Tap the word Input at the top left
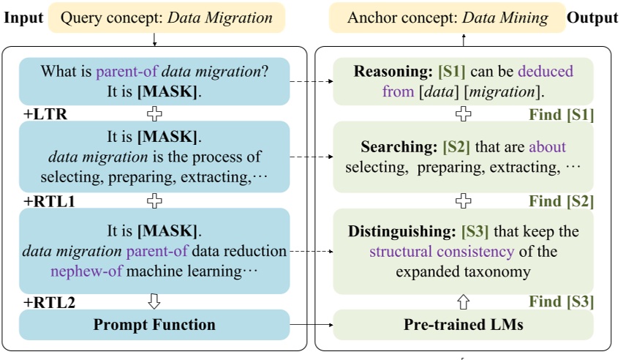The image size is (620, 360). tap(23, 18)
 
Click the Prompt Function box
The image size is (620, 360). tap(154, 324)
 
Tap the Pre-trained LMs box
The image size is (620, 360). tap(462, 324)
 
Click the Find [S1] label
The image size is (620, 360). tap(561, 115)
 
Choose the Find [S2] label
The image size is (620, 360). tap(561, 200)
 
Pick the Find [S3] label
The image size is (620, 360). tap(561, 301)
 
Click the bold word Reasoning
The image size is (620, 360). tap(392, 72)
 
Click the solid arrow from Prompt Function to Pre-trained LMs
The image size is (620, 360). tap(311, 324)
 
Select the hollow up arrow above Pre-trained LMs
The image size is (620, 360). tap(462, 301)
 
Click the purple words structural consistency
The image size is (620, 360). tap(442, 252)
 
